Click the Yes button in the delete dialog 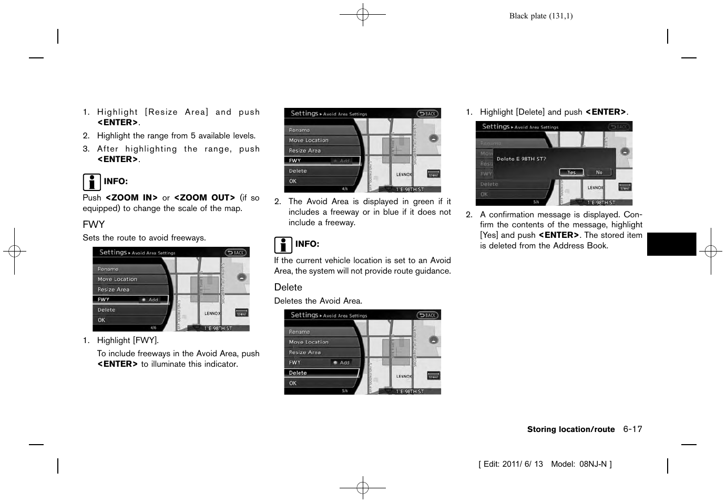point(571,173)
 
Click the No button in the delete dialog point(599,173)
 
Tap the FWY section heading point(94,225)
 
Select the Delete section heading point(288,287)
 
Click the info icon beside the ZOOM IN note point(91,182)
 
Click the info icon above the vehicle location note point(283,245)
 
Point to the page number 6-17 point(632,429)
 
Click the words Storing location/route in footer point(570,429)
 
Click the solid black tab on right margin point(671,244)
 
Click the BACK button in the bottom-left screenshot point(236,253)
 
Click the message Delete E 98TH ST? point(521,159)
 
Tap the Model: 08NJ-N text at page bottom point(581,464)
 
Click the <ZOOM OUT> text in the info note point(204,198)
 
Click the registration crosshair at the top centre point(363,15)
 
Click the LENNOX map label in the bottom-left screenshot point(212,314)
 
